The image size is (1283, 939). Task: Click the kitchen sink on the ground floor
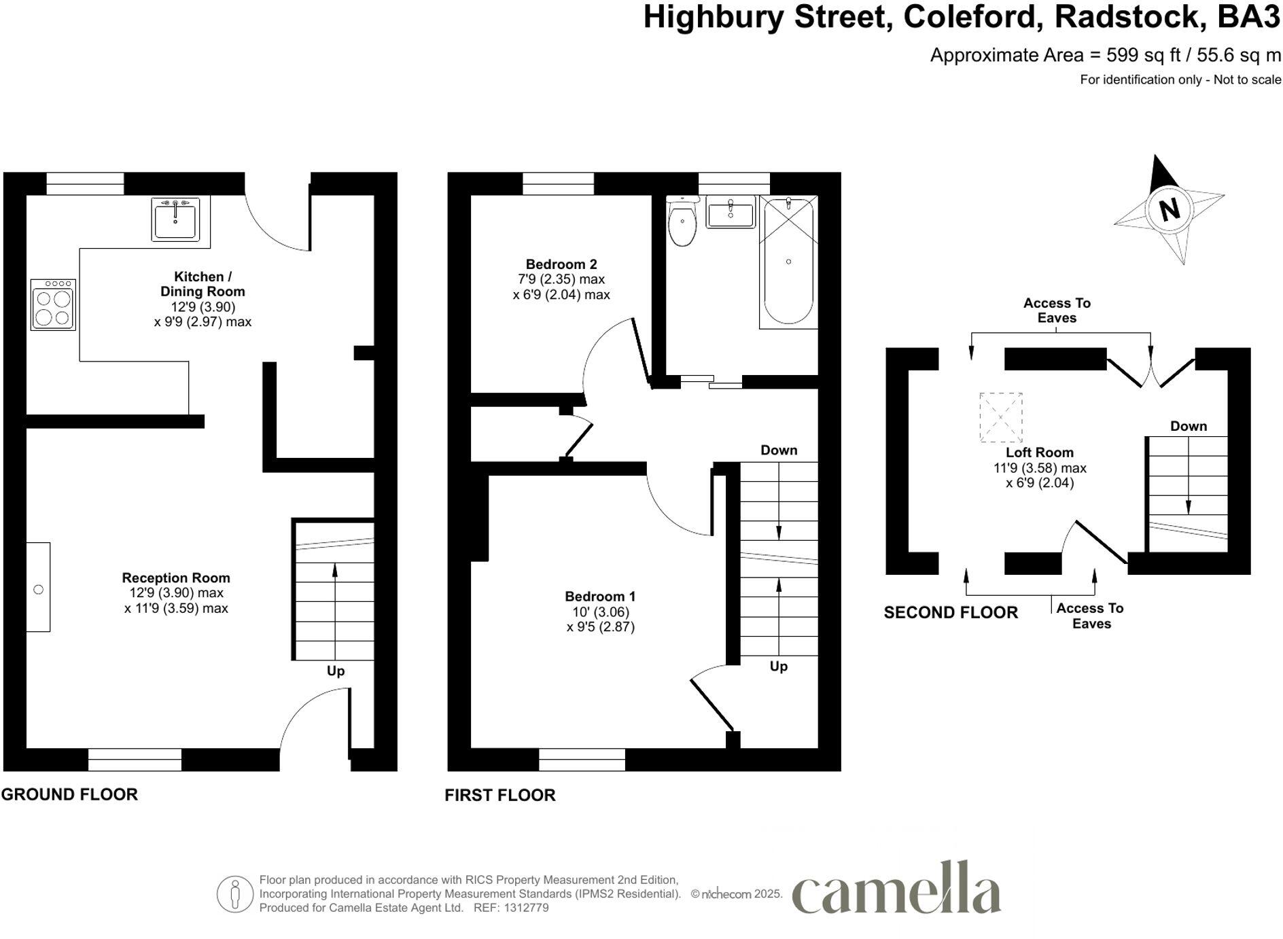175,219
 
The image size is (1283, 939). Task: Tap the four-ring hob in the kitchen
53,305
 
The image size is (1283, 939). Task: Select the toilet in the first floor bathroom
682,222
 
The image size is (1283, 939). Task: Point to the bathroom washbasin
731,212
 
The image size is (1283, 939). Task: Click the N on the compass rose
1169,209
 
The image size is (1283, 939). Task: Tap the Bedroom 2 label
561,264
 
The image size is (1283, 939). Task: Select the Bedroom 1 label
600,597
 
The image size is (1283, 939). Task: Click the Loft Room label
1040,453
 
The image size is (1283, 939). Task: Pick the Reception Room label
176,578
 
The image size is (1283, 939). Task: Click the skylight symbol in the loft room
1000,417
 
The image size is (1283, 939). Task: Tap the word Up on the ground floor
336,671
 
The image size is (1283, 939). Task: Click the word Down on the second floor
1189,426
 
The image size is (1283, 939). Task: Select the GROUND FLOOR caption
69,794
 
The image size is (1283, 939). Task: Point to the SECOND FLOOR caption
951,613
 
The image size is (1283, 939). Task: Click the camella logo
896,889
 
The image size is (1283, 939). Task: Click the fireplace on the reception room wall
38,587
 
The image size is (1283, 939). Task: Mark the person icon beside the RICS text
235,894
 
